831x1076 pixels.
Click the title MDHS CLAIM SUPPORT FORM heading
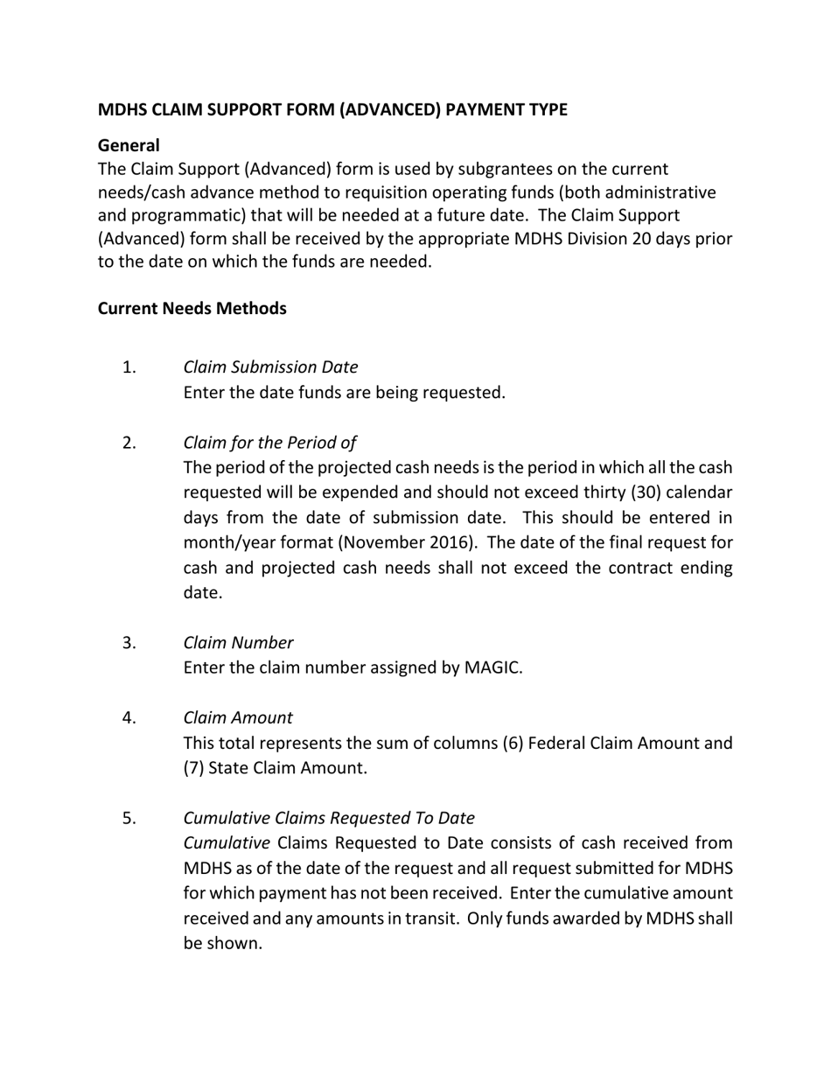332,109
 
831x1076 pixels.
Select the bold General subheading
129,145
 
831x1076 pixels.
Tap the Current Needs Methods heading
192,309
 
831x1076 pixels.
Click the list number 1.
129,367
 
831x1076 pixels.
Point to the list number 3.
129,643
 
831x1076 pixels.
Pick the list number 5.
129,818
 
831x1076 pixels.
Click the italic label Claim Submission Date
270,367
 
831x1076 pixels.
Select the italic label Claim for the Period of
269,443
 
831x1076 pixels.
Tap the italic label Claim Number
238,643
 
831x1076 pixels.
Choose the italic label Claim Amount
238,718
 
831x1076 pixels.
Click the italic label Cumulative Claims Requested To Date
329,818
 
